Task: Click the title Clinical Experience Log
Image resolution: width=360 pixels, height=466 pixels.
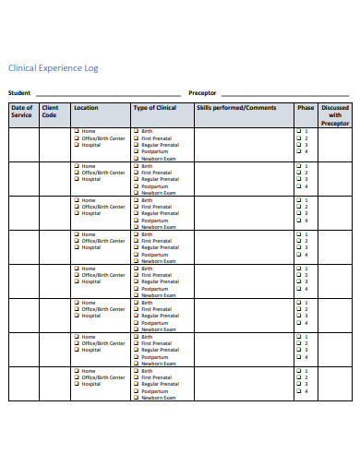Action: pyautogui.click(x=53, y=68)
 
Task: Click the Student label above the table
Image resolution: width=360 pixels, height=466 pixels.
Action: pyautogui.click(x=19, y=93)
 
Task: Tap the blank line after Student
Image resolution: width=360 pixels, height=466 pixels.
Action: pyautogui.click(x=107, y=94)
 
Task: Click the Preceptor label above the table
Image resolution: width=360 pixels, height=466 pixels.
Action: pyautogui.click(x=202, y=93)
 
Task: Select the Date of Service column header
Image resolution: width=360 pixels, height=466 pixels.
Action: pyautogui.click(x=22, y=112)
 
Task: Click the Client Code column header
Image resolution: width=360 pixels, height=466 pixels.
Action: pyautogui.click(x=50, y=112)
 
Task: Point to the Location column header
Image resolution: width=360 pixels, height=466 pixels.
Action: pyautogui.click(x=86, y=108)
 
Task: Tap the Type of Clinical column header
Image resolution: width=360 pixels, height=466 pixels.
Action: pyautogui.click(x=154, y=108)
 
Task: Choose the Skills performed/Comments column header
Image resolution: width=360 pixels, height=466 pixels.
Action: pyautogui.click(x=236, y=108)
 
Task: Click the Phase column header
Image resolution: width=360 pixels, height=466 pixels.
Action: pyautogui.click(x=306, y=108)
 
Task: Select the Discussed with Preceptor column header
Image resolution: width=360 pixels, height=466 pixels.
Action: pyautogui.click(x=335, y=115)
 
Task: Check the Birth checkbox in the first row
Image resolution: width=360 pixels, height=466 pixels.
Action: pyautogui.click(x=137, y=132)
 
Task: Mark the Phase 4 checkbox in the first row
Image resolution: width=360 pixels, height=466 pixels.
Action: pyautogui.click(x=298, y=151)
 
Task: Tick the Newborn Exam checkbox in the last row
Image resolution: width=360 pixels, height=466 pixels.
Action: pyautogui.click(x=137, y=398)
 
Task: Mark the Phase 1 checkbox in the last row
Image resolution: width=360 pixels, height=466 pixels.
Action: pyautogui.click(x=298, y=371)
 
